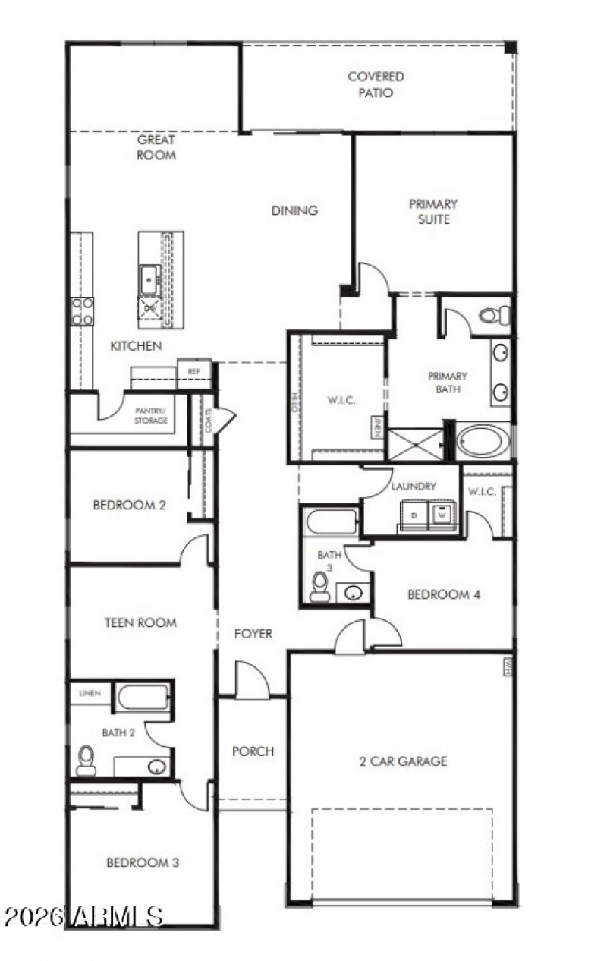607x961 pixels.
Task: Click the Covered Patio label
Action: [x=376, y=84]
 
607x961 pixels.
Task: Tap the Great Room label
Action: [x=156, y=147]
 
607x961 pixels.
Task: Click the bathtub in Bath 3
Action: [x=331, y=522]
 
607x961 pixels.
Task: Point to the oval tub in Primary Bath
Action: [x=483, y=441]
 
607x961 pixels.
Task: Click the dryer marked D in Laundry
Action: [x=414, y=515]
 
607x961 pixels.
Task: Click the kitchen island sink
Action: [x=149, y=279]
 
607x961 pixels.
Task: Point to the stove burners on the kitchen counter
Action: [x=82, y=310]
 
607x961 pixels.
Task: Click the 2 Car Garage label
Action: [x=403, y=761]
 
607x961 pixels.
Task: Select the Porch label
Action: [x=253, y=751]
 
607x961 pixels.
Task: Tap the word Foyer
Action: [x=253, y=633]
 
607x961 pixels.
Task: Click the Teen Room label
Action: [x=140, y=622]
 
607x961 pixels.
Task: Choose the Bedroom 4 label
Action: [x=443, y=594]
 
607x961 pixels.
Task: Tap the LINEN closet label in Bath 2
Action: [x=90, y=694]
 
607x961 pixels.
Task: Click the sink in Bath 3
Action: [x=353, y=592]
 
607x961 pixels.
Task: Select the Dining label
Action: [x=294, y=210]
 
